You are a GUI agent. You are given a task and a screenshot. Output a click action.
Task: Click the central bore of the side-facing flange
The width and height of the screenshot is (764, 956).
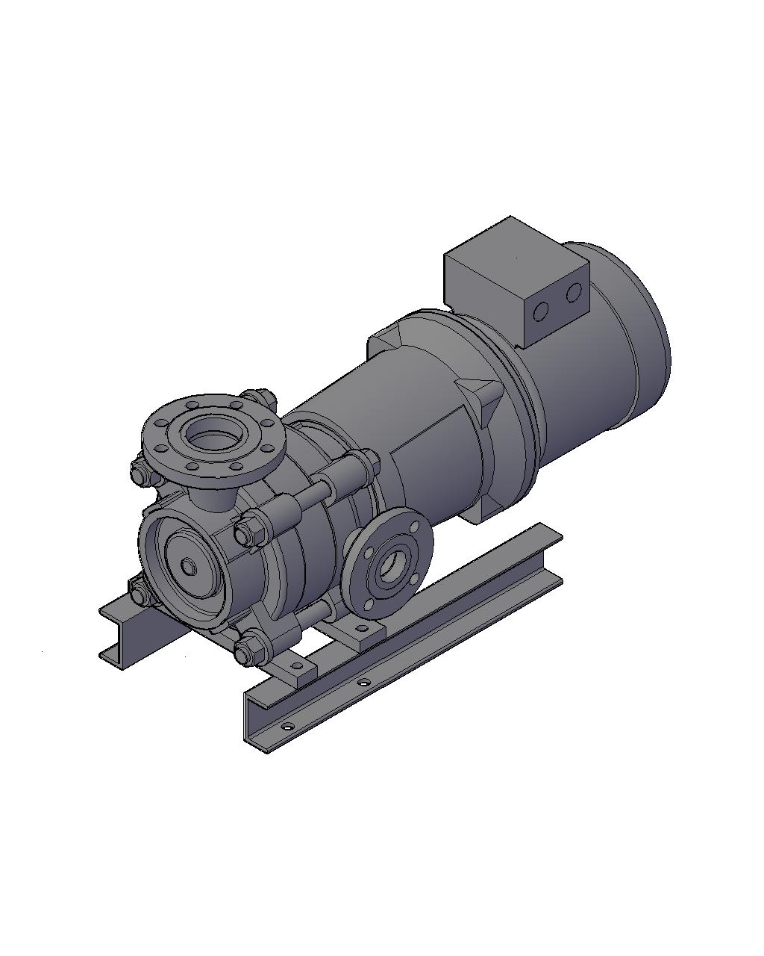click(390, 568)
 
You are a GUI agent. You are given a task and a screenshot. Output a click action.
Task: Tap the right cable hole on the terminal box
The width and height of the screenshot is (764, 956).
click(573, 293)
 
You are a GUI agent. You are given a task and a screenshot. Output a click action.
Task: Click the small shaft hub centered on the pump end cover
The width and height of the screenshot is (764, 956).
click(190, 568)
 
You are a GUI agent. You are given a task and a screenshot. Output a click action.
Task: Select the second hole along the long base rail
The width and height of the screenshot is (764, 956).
click(363, 682)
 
